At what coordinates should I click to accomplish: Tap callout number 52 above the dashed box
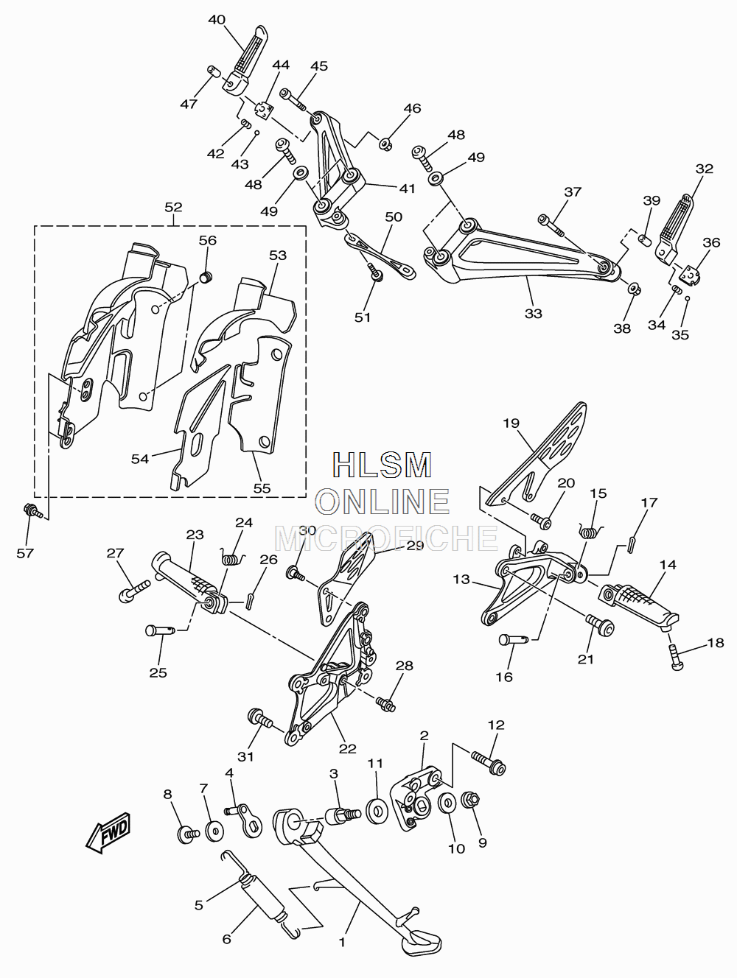click(173, 208)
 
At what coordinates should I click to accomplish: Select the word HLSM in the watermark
click(383, 465)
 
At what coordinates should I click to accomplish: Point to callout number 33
click(534, 314)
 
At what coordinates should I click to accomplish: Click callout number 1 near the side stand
click(342, 943)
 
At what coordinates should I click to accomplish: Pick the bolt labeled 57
click(33, 511)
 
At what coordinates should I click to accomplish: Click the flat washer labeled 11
click(377, 811)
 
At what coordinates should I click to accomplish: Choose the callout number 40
click(217, 20)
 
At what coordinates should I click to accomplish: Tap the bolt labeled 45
click(293, 100)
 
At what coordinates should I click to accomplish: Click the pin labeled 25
click(161, 630)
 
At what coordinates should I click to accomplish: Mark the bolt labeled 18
click(676, 657)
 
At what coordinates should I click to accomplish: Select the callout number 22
click(347, 749)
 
